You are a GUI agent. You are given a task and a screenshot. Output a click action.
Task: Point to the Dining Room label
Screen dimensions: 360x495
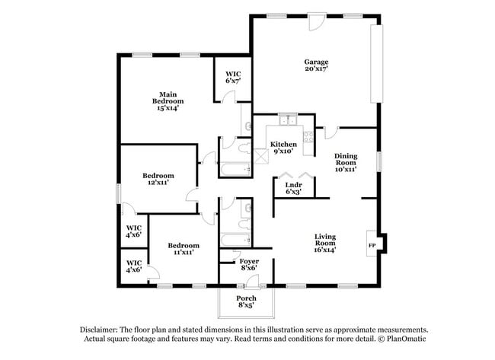346,162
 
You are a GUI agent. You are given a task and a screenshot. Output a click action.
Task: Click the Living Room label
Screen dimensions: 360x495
325,243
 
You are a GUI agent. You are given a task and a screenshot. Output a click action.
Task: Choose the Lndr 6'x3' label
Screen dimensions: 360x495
293,188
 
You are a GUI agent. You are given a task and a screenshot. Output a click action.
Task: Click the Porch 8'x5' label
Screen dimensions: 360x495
245,301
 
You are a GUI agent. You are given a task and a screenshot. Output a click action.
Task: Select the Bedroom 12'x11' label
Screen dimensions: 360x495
158,179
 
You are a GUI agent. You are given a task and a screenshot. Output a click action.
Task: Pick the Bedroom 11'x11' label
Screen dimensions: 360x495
184,248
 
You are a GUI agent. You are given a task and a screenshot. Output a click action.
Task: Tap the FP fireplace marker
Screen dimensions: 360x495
372,246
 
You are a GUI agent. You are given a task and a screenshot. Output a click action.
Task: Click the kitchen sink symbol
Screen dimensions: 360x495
288,119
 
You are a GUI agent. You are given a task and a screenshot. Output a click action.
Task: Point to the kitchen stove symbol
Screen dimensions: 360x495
308,137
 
